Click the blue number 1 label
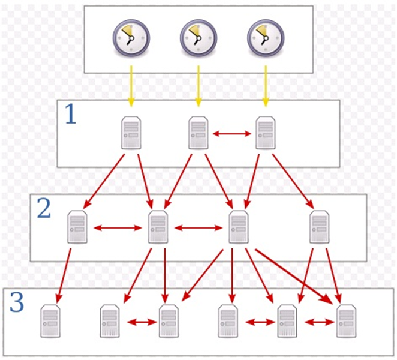(x=71, y=114)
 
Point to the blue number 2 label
(x=44, y=208)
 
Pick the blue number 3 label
(x=17, y=302)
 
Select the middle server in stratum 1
(x=198, y=133)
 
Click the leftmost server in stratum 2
(x=77, y=227)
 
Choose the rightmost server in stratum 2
(x=319, y=227)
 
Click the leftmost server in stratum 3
(x=50, y=321)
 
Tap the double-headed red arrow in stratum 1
(x=231, y=133)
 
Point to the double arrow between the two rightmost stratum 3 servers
(x=317, y=322)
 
